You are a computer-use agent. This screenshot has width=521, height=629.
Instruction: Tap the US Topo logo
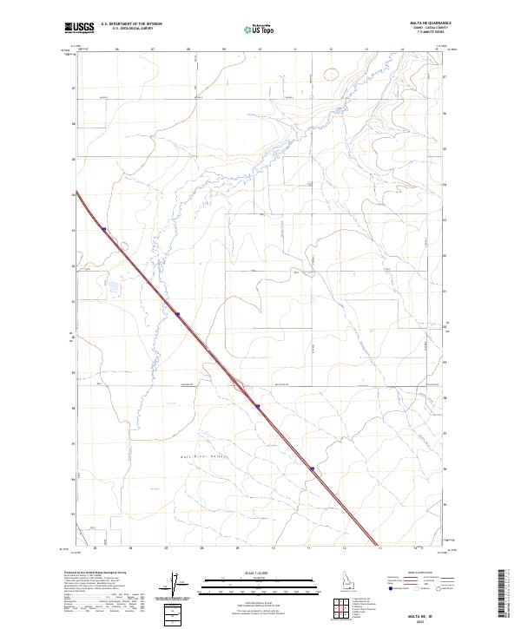250,29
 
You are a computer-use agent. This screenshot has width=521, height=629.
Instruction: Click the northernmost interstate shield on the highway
103,229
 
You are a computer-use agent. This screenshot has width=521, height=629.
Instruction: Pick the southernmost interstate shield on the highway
311,468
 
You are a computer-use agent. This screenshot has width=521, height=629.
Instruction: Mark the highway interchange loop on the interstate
235,386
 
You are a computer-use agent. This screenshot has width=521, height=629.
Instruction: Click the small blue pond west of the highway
111,284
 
